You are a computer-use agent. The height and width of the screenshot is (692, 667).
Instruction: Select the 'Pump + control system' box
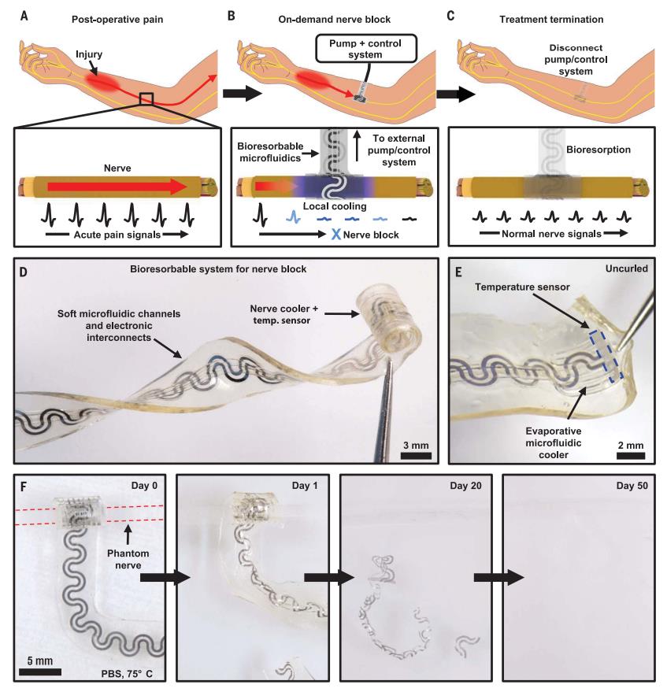(370, 48)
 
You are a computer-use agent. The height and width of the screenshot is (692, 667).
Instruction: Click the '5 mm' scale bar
(40, 672)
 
